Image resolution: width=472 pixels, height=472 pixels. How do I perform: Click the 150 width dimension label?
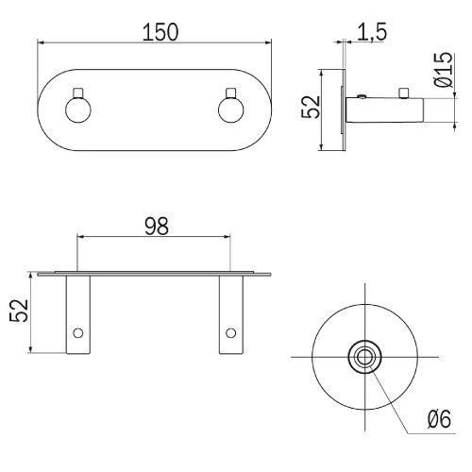coord(160,32)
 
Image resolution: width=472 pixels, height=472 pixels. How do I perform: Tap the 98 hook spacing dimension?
coord(157,226)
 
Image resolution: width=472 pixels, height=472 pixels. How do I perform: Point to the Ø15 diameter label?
coord(443,70)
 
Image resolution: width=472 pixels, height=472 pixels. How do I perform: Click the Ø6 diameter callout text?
coord(439,419)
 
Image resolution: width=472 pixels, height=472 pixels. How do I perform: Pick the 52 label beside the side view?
coord(311,107)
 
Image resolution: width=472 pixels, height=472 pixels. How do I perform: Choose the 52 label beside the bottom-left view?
coord(19,311)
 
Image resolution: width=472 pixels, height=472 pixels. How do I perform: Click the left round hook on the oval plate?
coord(78,110)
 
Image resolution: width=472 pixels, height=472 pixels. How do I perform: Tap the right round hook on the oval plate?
coord(231,110)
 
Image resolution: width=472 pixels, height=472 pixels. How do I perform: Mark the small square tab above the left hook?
coord(78,93)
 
